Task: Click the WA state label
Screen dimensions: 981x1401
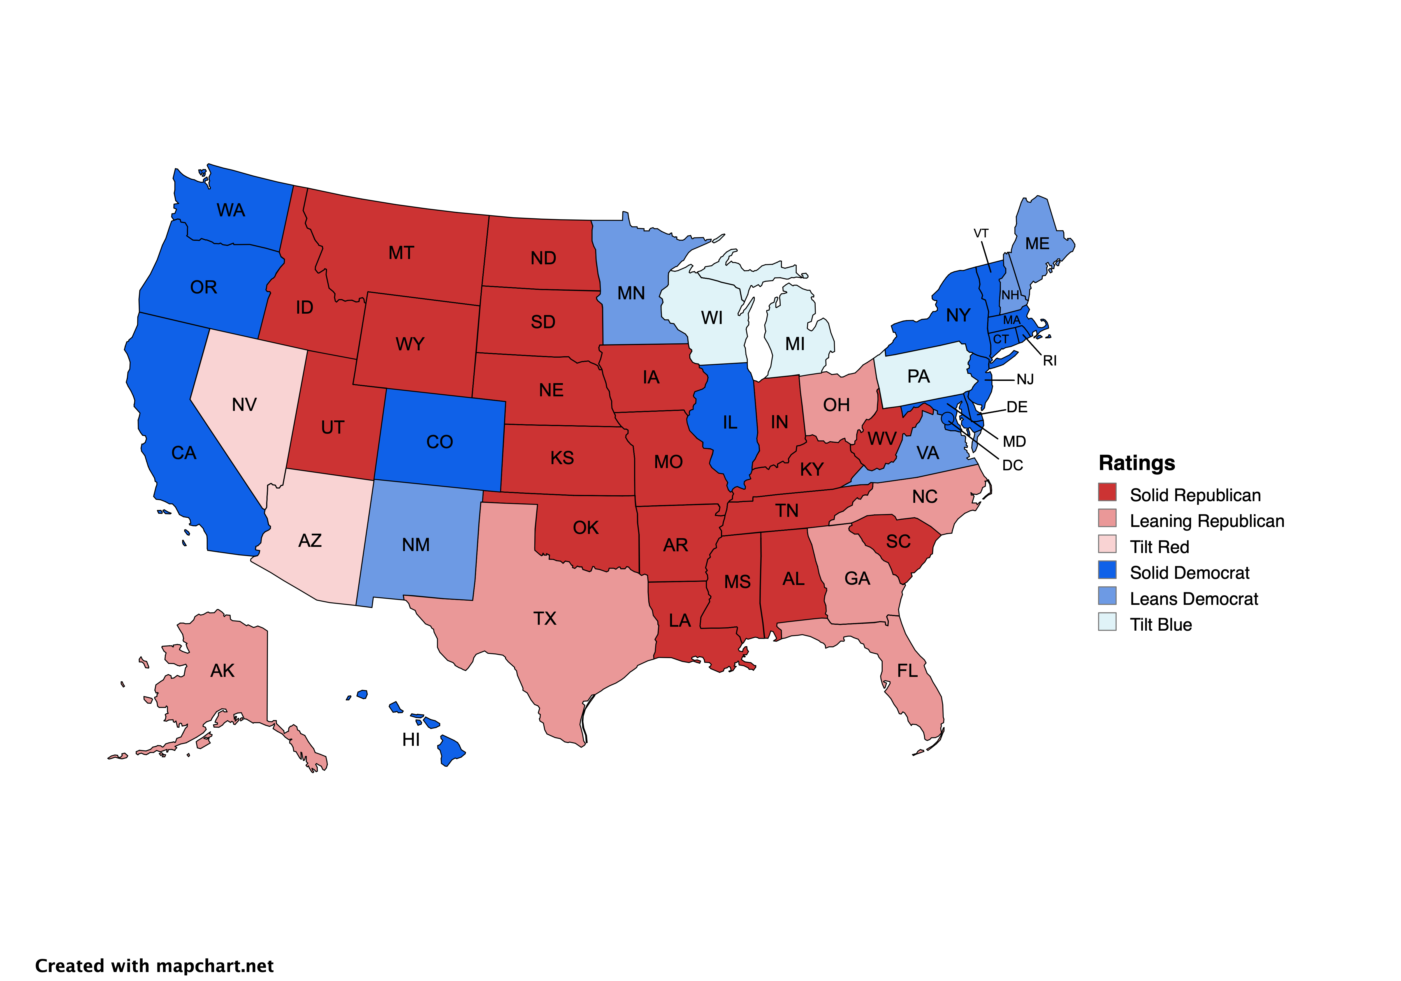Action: pos(231,210)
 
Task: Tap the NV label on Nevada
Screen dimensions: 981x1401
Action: pos(244,405)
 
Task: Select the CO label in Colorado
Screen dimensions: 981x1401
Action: pos(439,442)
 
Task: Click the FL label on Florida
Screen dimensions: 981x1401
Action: pos(907,671)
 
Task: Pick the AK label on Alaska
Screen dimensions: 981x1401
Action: pos(222,671)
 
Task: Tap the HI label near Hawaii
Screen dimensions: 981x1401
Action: pos(411,740)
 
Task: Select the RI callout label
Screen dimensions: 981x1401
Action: pos(1050,361)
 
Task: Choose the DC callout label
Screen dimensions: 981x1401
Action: pos(1012,466)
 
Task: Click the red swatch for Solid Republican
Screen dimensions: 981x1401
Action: pos(1107,492)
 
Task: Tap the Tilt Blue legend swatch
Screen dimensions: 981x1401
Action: pos(1107,621)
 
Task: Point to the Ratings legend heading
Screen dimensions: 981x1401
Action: pos(1136,463)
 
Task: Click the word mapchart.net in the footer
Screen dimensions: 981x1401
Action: pos(215,966)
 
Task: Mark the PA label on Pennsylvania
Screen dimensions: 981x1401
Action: pos(918,377)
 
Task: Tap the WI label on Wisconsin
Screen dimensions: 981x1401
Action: pos(711,318)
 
